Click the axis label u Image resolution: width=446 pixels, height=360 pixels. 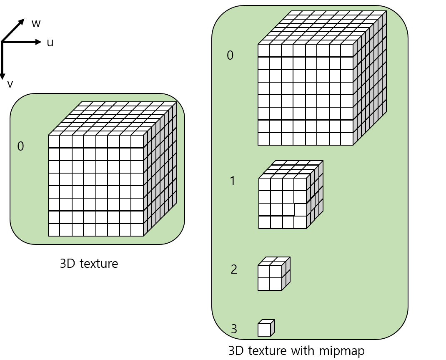click(x=50, y=43)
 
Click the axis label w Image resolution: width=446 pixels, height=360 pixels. click(x=36, y=24)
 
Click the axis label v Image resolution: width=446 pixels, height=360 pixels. click(x=10, y=84)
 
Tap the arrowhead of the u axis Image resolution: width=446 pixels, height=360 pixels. click(x=39, y=42)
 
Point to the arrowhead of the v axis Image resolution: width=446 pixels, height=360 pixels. click(x=3, y=76)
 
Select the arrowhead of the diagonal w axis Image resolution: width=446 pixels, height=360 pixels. click(x=22, y=21)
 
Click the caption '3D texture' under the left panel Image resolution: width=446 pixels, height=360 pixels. click(x=89, y=264)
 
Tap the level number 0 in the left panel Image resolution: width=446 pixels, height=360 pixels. click(x=20, y=146)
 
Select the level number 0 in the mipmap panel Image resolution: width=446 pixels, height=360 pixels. click(x=230, y=55)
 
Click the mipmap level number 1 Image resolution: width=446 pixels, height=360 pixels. click(x=233, y=181)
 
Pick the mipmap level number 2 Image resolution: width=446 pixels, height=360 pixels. click(x=234, y=269)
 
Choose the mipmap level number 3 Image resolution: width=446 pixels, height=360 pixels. click(x=234, y=329)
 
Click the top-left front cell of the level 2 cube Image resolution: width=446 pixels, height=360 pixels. click(x=264, y=272)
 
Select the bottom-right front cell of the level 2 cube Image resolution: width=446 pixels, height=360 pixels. click(x=276, y=284)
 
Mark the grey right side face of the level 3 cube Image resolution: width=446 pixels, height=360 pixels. click(x=273, y=327)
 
